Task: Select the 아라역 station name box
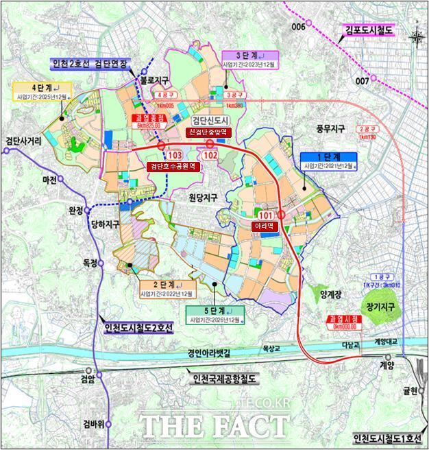pyautogui.click(x=263, y=224)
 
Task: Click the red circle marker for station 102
pyautogui.click(x=212, y=146)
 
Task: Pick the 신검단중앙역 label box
pyautogui.click(x=210, y=132)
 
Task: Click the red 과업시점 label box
pyautogui.click(x=339, y=323)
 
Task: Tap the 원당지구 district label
pyautogui.click(x=203, y=197)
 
